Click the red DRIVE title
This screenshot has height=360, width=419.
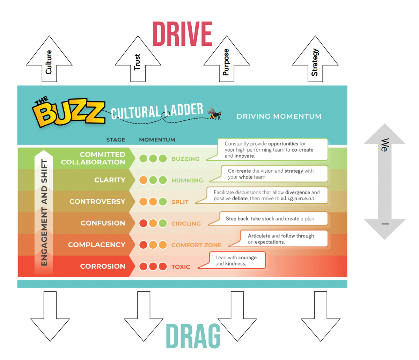coord(182,34)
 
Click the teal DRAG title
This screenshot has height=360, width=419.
coord(193,336)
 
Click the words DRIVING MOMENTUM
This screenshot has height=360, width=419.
coord(279,117)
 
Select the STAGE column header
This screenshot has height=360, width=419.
coord(116,140)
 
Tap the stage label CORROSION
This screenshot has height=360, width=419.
coord(102,266)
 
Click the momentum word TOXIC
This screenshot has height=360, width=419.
coord(181,267)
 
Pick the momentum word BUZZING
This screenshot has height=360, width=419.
coord(185,159)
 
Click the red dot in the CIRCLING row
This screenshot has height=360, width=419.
coord(143,223)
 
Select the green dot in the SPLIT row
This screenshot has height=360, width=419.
coord(163,202)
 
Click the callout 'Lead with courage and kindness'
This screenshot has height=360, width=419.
coord(237,260)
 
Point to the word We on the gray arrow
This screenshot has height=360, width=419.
coord(384,145)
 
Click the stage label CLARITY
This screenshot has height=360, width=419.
coord(110,180)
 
